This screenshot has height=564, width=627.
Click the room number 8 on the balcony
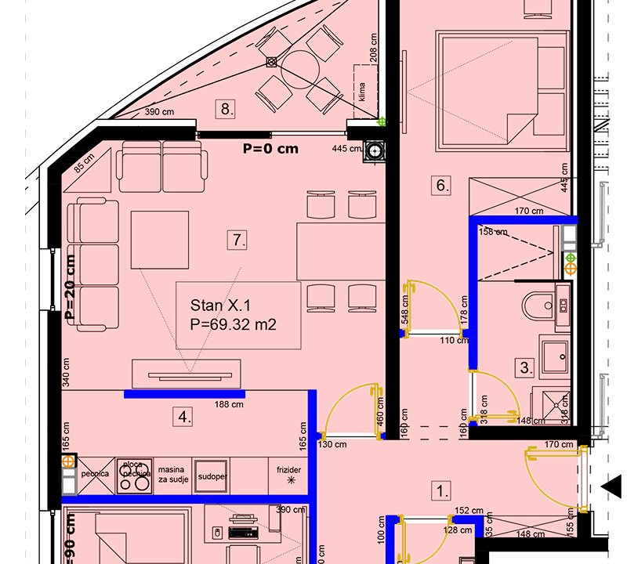coord(226,109)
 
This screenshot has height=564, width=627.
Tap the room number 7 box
coord(237,240)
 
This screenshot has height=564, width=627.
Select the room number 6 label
coord(442,186)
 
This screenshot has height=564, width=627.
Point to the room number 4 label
coord(183,418)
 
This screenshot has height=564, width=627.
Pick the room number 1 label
coord(442,491)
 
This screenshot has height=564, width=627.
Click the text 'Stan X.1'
coord(221,305)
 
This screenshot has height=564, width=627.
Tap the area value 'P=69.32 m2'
coord(234,324)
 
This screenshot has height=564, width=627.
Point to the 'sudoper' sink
coord(212,475)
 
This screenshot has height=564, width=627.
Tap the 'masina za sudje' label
coord(172,474)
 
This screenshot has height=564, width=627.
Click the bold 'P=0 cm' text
coord(270,149)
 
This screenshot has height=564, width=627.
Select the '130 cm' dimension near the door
coord(332,444)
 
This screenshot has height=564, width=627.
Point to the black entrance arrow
coord(611,486)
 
